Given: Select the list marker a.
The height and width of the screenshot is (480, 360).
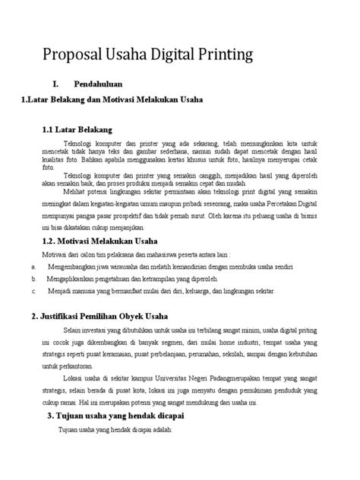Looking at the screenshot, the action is (x=35, y=267).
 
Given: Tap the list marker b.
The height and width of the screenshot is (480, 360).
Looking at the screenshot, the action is (x=35, y=279).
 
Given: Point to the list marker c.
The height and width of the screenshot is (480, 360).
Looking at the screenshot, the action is (x=35, y=291).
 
